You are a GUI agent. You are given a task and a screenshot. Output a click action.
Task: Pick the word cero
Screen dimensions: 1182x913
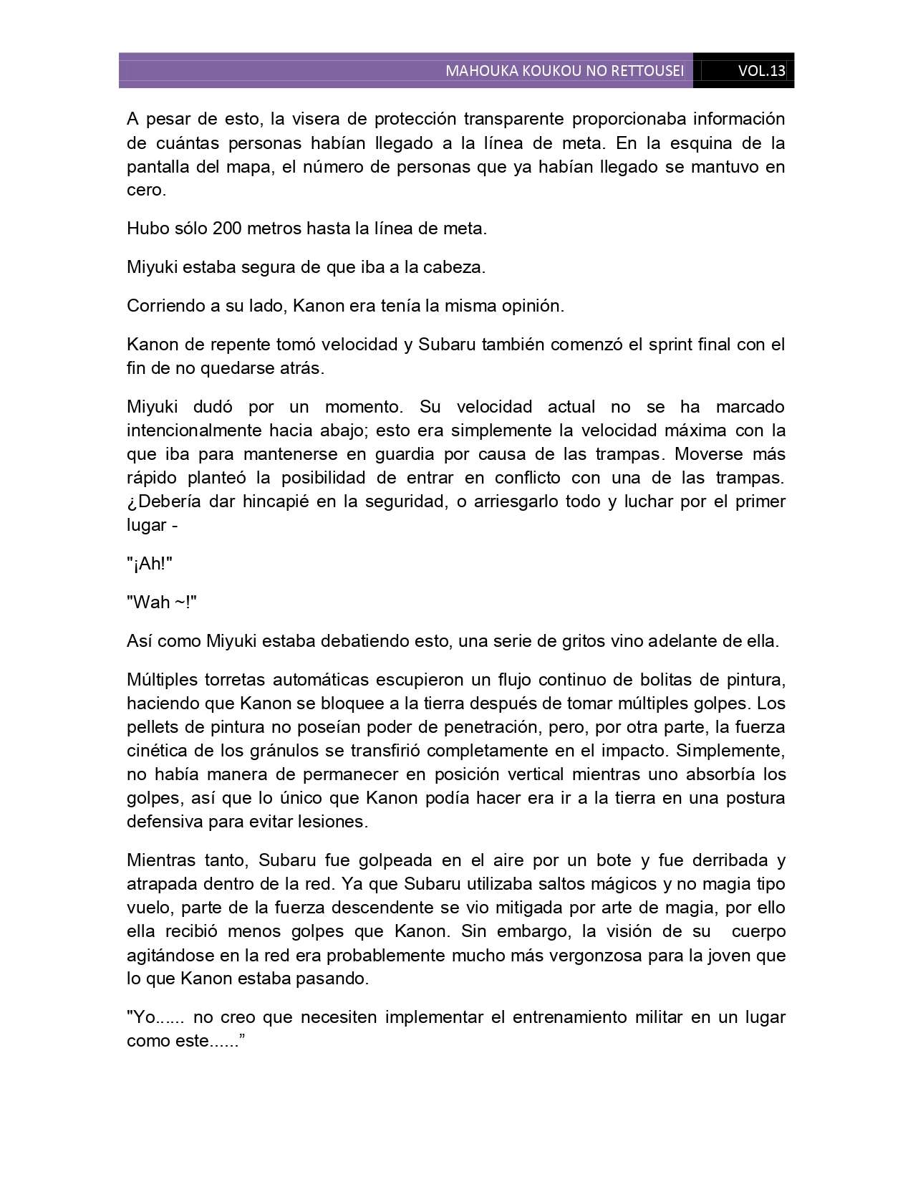[x=146, y=191]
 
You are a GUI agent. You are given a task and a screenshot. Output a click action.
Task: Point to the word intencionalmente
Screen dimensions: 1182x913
[x=195, y=431]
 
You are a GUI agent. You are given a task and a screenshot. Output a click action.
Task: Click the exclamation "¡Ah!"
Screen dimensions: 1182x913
[x=150, y=564]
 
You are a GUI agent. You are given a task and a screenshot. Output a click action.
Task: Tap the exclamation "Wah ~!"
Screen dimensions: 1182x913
[x=162, y=602]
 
